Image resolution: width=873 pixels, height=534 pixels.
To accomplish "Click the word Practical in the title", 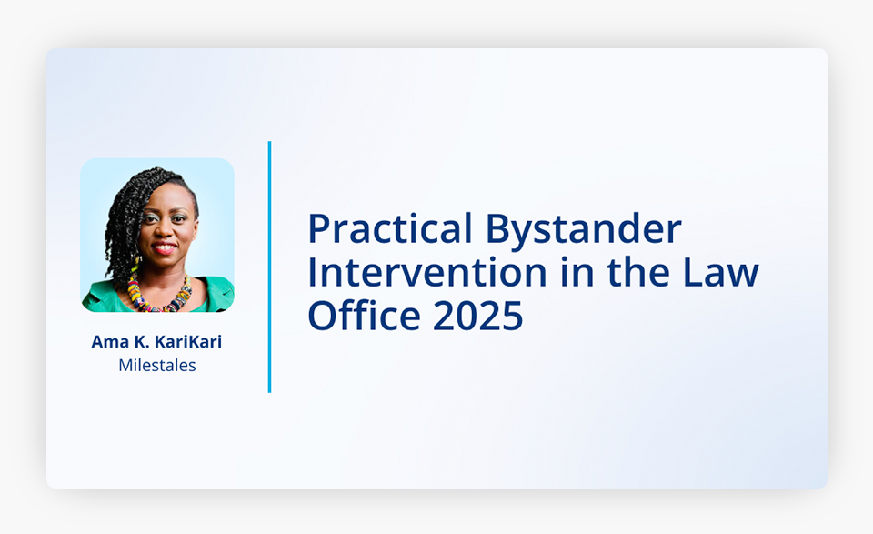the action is click(390, 228).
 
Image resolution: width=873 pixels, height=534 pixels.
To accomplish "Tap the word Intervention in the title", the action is click(427, 272).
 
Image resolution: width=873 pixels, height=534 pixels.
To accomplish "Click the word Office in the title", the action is click(364, 315).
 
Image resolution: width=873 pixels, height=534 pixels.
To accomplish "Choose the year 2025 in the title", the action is click(478, 315).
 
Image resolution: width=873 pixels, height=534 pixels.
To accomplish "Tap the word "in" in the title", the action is click(577, 272).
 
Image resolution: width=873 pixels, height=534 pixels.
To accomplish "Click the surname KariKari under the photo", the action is click(187, 341).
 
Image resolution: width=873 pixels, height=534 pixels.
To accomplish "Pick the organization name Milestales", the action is click(157, 366).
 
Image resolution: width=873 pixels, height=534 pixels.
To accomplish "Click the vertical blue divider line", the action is click(269, 267).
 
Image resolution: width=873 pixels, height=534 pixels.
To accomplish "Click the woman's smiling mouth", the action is click(165, 247).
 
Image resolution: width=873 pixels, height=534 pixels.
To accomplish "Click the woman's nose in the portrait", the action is click(165, 229).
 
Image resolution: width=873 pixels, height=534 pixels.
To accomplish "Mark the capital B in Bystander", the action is click(497, 229).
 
